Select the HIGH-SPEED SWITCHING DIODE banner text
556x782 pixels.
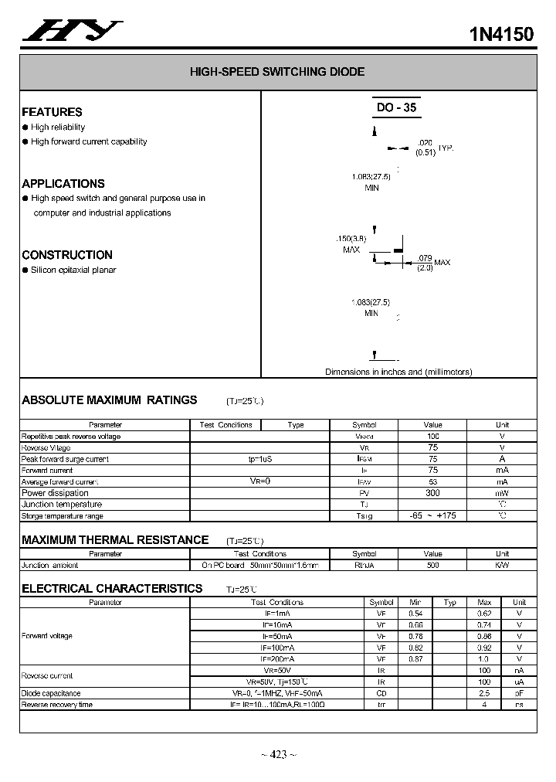[277, 72]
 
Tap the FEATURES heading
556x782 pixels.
[52, 112]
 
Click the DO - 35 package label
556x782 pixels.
[396, 108]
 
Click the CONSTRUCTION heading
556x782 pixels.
[67, 255]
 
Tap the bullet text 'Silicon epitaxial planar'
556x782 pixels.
[73, 270]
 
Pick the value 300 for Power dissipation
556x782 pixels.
[432, 493]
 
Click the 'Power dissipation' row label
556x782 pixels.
[55, 493]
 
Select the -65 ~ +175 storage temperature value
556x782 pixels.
[432, 515]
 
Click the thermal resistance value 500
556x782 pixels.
[432, 565]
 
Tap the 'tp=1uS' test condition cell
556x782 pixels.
[260, 459]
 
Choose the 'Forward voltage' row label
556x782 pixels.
[46, 636]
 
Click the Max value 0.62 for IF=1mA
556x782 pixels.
[484, 613]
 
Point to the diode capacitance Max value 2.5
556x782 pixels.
[484, 693]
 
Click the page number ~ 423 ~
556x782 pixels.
[278, 755]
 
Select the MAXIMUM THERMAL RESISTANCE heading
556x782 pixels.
[115, 540]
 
